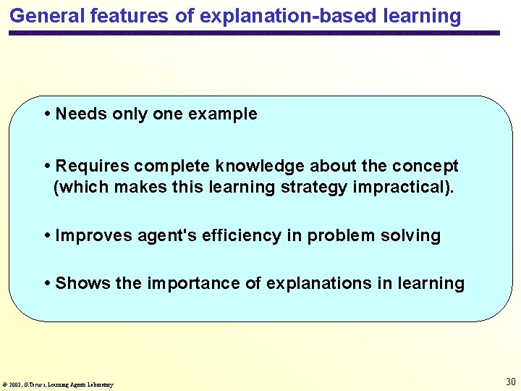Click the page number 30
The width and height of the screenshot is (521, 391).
[x=510, y=382]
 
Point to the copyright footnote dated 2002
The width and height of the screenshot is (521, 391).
[x=58, y=384]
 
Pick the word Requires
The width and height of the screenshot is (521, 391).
[x=92, y=166]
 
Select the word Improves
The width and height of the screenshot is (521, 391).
[x=92, y=235]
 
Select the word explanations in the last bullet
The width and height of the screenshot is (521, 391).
[x=319, y=283]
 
